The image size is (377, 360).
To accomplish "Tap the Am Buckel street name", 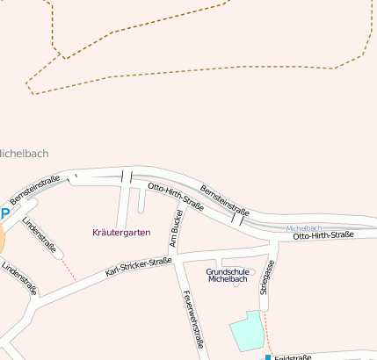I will point(175,228).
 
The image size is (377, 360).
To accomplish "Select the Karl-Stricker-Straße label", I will point(138,267).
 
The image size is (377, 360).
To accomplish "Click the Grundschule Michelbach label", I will point(228,275).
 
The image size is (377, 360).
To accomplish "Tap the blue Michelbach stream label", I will point(305,228).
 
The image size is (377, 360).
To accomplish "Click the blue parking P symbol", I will point(4,214).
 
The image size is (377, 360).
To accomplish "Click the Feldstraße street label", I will point(293,357).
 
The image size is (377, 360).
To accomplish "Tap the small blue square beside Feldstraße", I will point(268,357).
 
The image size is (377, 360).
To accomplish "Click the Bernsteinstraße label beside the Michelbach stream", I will point(225,200).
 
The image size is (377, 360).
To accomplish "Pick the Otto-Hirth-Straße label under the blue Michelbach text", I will point(323,236).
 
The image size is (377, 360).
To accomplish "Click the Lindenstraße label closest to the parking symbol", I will point(40,235).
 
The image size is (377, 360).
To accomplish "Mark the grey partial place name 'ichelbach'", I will point(24,154).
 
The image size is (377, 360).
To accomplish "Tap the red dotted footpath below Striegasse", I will point(267,338).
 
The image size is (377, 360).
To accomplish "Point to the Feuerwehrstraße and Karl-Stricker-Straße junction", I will point(179,259).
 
